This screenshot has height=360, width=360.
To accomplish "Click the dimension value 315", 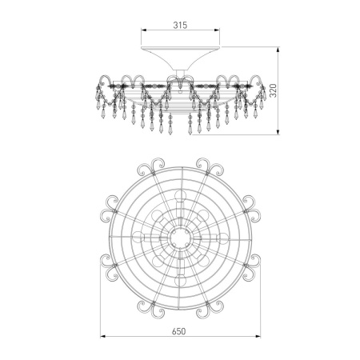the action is click(180, 25).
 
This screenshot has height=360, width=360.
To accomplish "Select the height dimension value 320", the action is click(274, 90).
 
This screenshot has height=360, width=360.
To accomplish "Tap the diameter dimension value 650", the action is click(179, 331).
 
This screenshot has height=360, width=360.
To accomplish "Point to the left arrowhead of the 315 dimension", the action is click(144, 30).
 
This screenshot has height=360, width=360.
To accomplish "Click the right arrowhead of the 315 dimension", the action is click(216, 30).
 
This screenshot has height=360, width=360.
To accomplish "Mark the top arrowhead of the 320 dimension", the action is click(278, 50).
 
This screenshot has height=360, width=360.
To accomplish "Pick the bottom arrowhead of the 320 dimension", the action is click(278, 131).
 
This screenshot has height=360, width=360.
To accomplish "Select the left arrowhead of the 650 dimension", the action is click(103, 337).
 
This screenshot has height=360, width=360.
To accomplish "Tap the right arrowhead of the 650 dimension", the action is click(258, 337).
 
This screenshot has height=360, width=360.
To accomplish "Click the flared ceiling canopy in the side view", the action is click(180, 58).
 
